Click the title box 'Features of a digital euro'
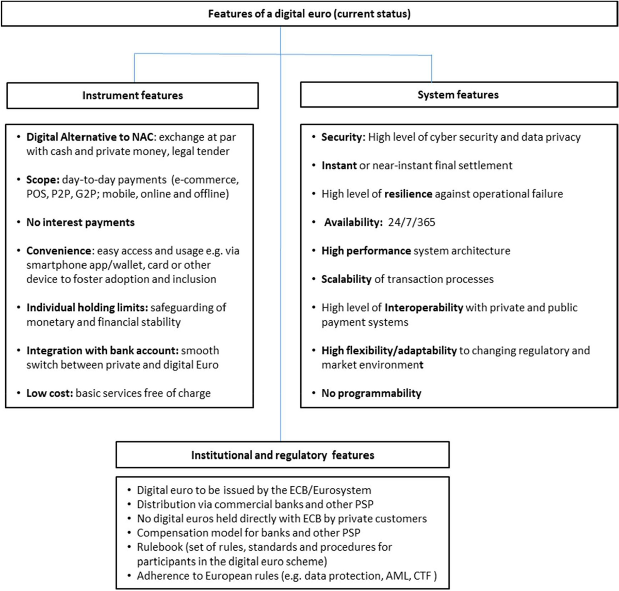pos(309,14)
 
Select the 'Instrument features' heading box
pos(133,95)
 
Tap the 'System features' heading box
pos(458,95)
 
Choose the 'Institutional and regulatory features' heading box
pos(283,455)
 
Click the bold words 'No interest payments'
pos(80,222)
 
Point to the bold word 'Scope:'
pos(43,180)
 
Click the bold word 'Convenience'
pos(59,251)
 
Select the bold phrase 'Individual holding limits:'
pos(87,307)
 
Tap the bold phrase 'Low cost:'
pos(50,393)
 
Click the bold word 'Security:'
pos(343,137)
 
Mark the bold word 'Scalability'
pos(346,279)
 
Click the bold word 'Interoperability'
pos(423,307)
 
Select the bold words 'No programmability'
pos(371,393)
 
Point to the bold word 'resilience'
pos(408,194)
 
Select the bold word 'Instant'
pos(339,166)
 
